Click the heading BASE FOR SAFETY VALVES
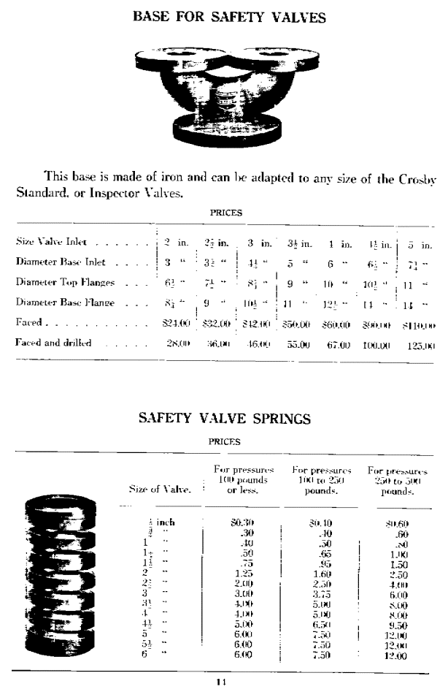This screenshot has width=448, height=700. [223, 16]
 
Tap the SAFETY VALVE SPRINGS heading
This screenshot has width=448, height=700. [223, 419]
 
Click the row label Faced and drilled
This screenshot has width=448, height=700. [54, 341]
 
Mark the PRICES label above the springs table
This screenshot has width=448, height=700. [225, 442]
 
